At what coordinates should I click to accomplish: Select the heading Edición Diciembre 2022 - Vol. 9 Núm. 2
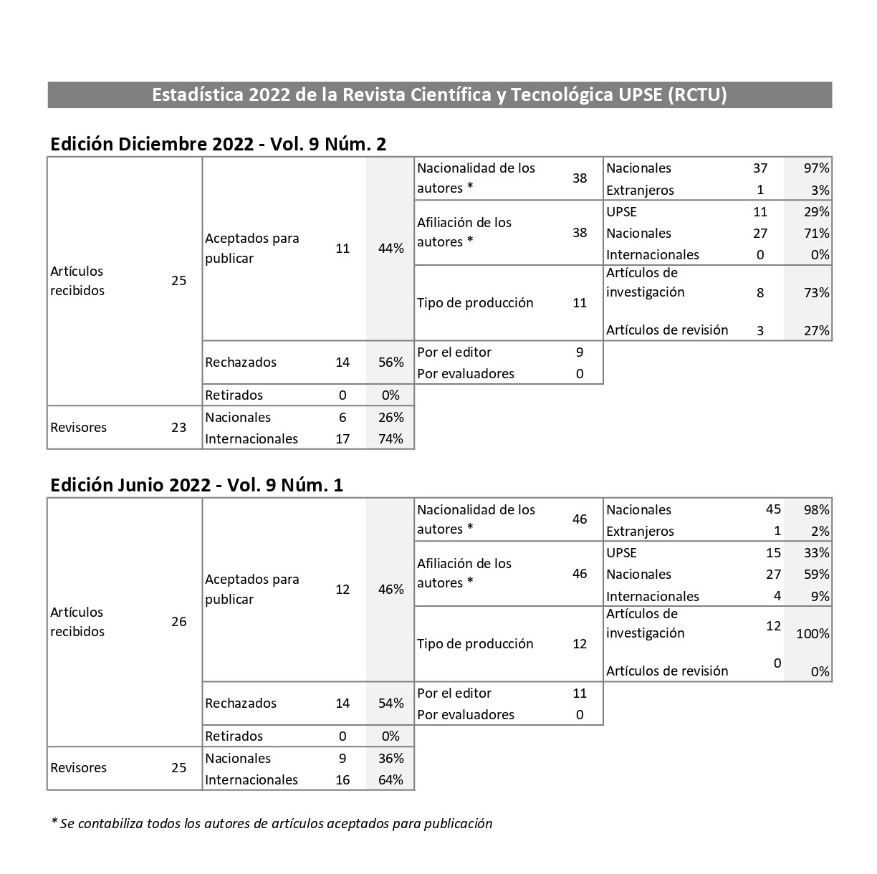pos(218,144)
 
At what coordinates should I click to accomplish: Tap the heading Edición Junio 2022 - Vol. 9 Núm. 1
pos(196,485)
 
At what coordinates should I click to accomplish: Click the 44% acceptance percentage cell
pos(390,249)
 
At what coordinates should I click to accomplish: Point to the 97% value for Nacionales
pos(816,168)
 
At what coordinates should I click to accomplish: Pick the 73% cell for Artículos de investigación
pos(816,292)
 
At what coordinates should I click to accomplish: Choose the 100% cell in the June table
pos(813,633)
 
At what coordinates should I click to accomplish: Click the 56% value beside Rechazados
pos(390,362)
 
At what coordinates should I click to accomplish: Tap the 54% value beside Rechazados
pos(390,703)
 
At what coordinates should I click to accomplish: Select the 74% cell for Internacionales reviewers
pos(390,439)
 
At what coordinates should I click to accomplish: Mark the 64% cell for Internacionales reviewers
pos(390,780)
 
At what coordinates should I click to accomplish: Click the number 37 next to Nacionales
pos(760,168)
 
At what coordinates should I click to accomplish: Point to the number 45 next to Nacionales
pos(773,509)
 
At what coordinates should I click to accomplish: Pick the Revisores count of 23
pos(178,428)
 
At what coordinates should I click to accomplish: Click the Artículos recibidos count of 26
pos(178,622)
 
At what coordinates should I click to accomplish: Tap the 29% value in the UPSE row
pos(816,212)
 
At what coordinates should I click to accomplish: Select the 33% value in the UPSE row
pos(816,553)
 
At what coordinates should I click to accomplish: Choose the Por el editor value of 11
pos(580,693)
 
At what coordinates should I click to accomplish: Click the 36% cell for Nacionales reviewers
pos(390,759)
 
